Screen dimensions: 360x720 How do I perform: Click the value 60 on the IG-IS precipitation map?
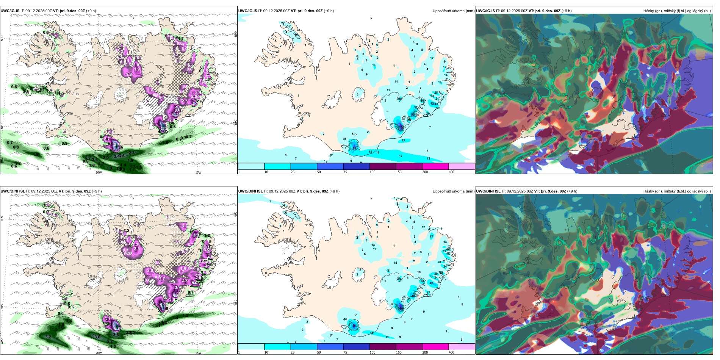coord(354,148)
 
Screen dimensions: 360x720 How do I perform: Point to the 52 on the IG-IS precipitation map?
coord(413,114)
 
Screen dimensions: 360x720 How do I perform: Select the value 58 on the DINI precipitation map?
coord(354,326)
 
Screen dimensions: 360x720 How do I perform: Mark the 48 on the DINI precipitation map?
coord(413,296)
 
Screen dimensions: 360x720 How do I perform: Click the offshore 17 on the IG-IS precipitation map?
coord(401,156)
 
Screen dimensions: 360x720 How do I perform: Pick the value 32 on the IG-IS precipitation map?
coord(416,108)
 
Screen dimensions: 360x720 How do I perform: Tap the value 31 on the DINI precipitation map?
coord(444,251)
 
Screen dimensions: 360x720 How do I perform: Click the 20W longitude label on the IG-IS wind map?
coord(99,172)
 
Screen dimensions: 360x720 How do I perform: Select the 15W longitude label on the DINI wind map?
coord(198,353)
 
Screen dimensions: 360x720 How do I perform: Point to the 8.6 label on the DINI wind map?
coord(117,329)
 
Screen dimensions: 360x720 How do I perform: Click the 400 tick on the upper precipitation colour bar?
coord(451,172)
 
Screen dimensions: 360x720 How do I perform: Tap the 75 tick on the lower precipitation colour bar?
coord(345,352)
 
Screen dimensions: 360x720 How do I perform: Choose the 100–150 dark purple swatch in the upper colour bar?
coord(383,166)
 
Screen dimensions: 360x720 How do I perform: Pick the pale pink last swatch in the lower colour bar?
coord(462,347)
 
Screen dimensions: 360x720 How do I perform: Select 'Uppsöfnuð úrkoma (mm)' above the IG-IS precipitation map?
coord(453,11)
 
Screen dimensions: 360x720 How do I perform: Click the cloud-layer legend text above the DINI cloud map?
coord(677,191)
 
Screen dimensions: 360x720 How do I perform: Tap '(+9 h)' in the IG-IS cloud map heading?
coord(567,11)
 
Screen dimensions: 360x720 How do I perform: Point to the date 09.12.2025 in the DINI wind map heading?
coord(41,191)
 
